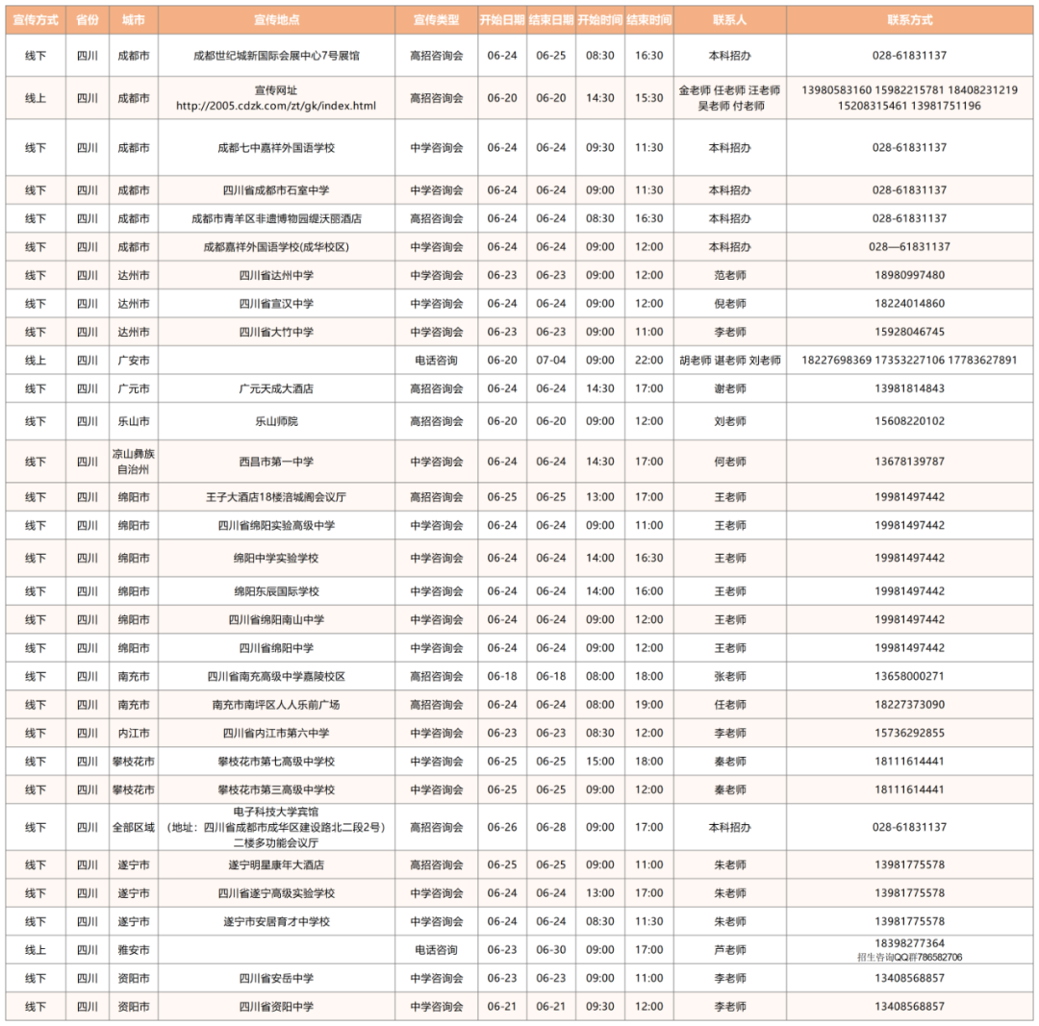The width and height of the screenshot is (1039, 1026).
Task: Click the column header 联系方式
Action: pos(909,19)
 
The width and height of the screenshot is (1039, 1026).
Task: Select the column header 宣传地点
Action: pos(276,19)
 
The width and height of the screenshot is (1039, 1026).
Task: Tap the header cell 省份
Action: pos(87,19)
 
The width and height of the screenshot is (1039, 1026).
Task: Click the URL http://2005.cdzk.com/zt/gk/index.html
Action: pos(276,106)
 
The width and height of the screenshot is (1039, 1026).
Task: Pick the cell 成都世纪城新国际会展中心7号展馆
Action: pos(276,56)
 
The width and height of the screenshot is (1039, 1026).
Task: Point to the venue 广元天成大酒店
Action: pos(276,388)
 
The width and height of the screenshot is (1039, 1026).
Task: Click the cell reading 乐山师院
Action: pos(276,421)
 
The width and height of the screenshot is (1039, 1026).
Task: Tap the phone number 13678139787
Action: pos(909,462)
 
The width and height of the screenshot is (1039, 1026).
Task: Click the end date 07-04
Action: pos(551,361)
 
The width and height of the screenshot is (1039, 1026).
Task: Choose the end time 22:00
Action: pos(649,361)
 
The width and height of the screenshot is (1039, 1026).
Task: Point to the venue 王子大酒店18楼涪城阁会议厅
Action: pos(276,497)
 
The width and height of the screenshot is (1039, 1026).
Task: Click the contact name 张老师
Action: pos(729,676)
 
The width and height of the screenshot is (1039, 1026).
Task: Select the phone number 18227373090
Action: pos(909,705)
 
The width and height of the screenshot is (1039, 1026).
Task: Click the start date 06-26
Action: pos(502,827)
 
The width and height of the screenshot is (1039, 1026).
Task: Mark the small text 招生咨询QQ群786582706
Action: pos(909,957)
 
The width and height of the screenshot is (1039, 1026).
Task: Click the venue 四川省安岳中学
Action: pos(276,978)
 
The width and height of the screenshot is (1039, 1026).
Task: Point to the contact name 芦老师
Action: pos(729,950)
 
